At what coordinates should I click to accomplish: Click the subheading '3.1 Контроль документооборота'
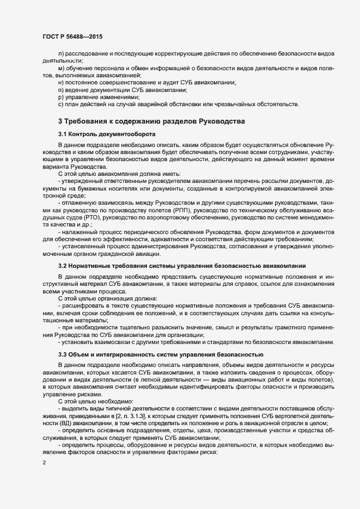tap(107, 133)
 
